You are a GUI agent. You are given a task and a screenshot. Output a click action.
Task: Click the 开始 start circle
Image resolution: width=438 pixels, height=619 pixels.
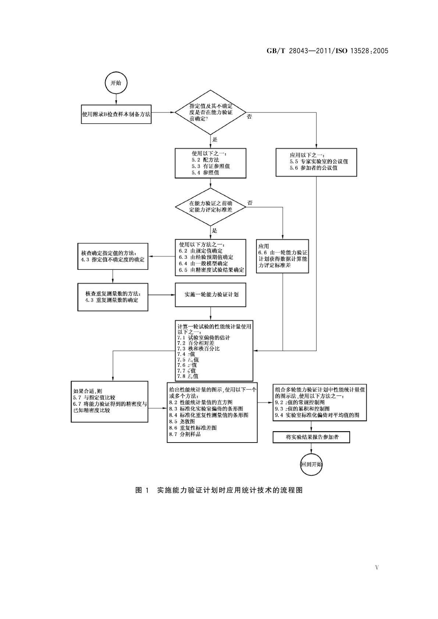(x=116, y=83)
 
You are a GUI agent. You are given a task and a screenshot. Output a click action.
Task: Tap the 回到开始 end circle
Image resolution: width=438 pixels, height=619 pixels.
(x=311, y=464)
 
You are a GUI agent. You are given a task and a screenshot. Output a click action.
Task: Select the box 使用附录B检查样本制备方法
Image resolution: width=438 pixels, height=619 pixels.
(x=116, y=114)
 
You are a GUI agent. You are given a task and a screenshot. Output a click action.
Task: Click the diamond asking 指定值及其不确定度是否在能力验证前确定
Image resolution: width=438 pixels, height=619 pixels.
(x=210, y=112)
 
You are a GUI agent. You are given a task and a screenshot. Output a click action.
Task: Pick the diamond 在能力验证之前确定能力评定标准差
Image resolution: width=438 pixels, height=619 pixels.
(x=210, y=206)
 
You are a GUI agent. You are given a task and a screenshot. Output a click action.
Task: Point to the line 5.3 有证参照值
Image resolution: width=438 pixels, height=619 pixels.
(x=211, y=166)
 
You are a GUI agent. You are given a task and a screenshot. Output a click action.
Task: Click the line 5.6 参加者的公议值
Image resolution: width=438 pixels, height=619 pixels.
(x=313, y=168)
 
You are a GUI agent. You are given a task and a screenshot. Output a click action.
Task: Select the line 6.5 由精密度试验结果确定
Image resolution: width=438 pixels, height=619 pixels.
(x=211, y=270)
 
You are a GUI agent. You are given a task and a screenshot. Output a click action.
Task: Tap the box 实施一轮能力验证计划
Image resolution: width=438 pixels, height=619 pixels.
(x=211, y=294)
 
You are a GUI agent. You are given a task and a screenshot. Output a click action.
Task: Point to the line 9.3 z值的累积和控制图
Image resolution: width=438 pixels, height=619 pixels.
(x=302, y=408)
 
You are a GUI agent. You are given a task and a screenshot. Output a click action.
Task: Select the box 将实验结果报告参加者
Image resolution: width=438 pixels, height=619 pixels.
(x=311, y=437)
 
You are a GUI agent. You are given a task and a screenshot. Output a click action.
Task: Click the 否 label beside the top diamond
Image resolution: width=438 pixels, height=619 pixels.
(x=249, y=117)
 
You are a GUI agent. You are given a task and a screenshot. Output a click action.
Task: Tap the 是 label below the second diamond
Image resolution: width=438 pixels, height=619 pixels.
(x=215, y=230)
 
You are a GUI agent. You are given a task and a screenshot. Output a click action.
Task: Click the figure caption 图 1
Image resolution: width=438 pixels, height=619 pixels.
(x=219, y=490)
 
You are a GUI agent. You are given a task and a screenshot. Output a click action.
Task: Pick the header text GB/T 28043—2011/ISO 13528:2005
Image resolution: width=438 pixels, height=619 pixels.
(x=327, y=51)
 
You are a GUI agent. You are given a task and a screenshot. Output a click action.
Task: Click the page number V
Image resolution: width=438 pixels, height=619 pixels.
(x=377, y=568)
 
